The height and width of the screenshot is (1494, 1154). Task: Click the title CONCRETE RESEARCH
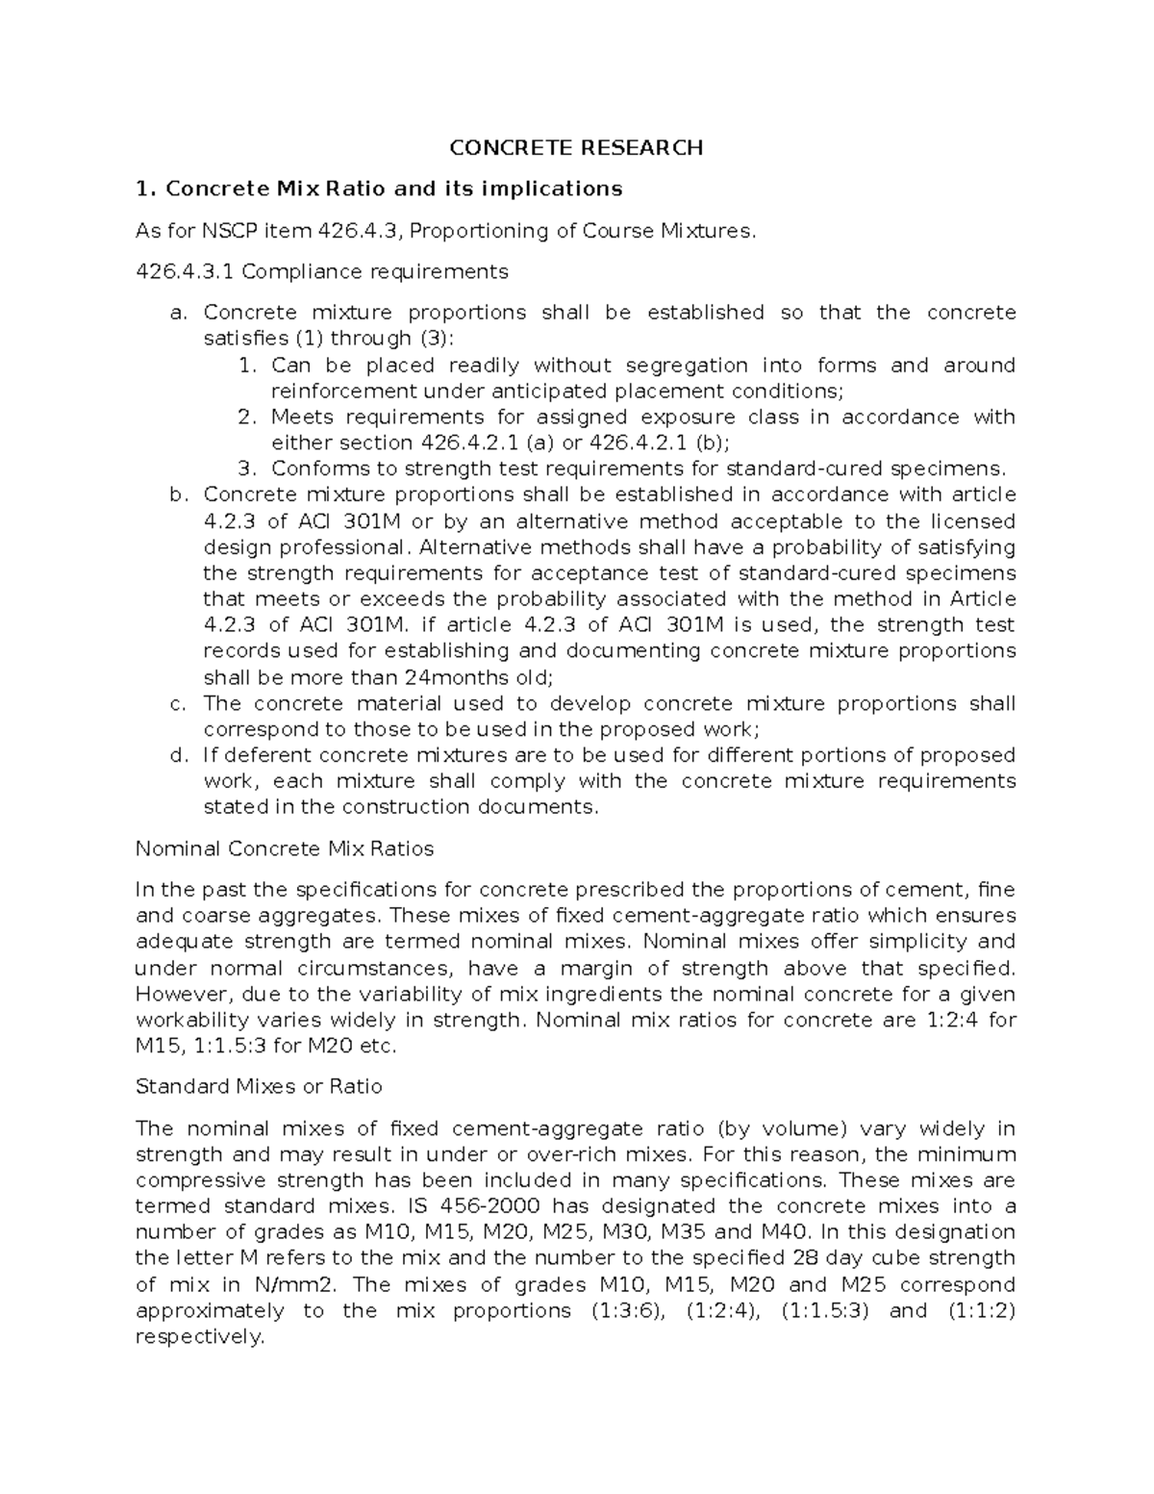(x=577, y=147)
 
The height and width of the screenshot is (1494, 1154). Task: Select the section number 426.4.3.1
(x=185, y=272)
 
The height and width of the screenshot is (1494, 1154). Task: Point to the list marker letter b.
(x=176, y=495)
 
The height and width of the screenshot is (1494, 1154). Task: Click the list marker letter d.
(x=176, y=755)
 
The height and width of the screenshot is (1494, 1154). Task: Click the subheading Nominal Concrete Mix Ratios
(x=285, y=848)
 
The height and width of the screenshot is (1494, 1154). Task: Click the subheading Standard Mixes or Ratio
(x=259, y=1086)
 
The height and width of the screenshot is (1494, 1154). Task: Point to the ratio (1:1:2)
(x=981, y=1310)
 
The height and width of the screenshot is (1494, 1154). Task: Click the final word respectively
(x=199, y=1337)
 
